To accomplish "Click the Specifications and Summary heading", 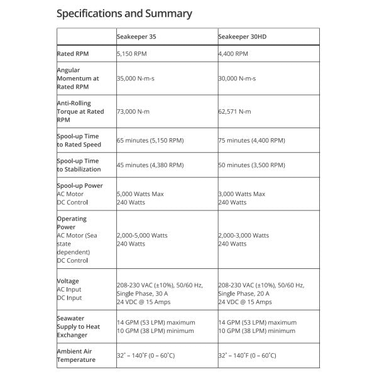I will click(x=124, y=13).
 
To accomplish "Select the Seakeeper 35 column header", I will click(x=136, y=37).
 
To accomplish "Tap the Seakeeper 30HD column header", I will click(x=241, y=37).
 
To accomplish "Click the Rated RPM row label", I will click(x=73, y=54).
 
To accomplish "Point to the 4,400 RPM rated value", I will click(x=232, y=54).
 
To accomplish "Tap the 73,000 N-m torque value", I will click(x=134, y=111).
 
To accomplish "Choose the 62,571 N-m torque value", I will click(x=236, y=111).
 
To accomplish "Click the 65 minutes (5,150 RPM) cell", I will click(x=151, y=140).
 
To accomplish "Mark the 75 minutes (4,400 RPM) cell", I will click(x=253, y=140).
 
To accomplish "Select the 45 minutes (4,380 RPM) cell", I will click(x=150, y=165).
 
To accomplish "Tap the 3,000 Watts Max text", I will click(x=242, y=194).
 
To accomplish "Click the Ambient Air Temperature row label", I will click(x=77, y=355).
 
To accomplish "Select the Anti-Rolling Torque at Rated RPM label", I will click(x=80, y=111).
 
